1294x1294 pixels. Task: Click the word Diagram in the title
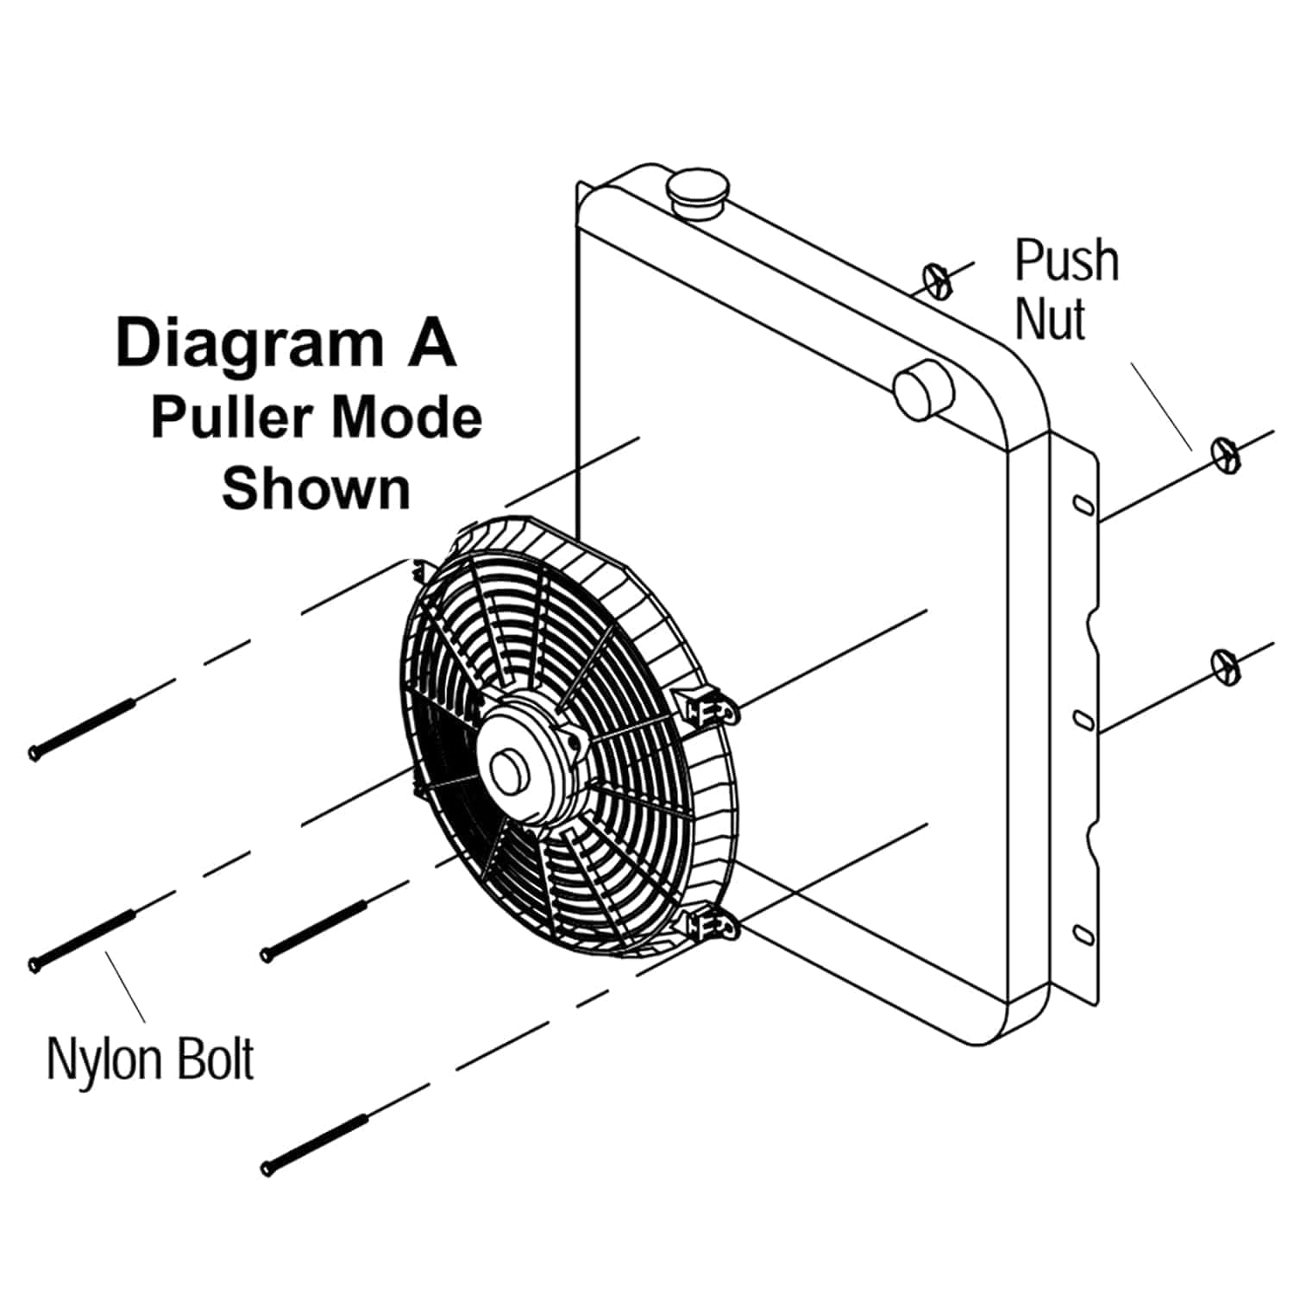pyautogui.click(x=248, y=344)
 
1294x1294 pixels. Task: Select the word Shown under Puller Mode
pyautogui.click(x=316, y=488)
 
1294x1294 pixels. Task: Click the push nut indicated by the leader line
pyautogui.click(x=1226, y=454)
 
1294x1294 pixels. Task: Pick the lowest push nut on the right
pyautogui.click(x=1226, y=666)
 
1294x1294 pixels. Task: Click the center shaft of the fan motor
pyautogui.click(x=509, y=769)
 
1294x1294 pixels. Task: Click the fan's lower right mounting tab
pyautogui.click(x=713, y=927)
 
